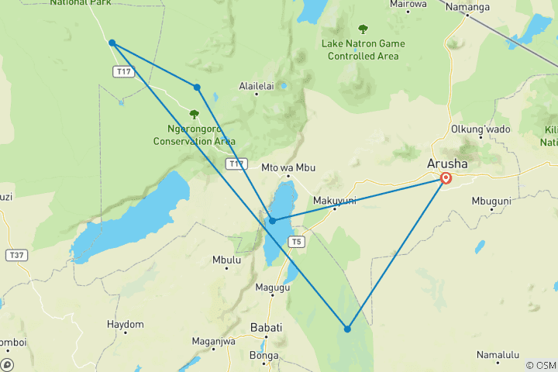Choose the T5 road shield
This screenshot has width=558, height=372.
[x=295, y=242]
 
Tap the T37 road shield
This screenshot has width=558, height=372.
[x=15, y=255]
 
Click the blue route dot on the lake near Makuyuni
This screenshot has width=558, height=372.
[x=272, y=221]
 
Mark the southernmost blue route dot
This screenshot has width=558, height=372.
[x=347, y=329]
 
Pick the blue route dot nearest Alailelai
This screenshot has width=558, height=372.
[x=198, y=88]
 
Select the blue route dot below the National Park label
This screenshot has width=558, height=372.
[x=112, y=43]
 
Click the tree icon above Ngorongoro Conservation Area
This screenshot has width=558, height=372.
[x=194, y=114]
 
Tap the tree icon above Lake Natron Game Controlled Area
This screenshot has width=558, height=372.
[x=363, y=29]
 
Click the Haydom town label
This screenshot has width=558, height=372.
[x=126, y=324]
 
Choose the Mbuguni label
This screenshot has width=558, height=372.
[x=491, y=201]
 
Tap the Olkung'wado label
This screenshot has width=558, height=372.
[x=481, y=129]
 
